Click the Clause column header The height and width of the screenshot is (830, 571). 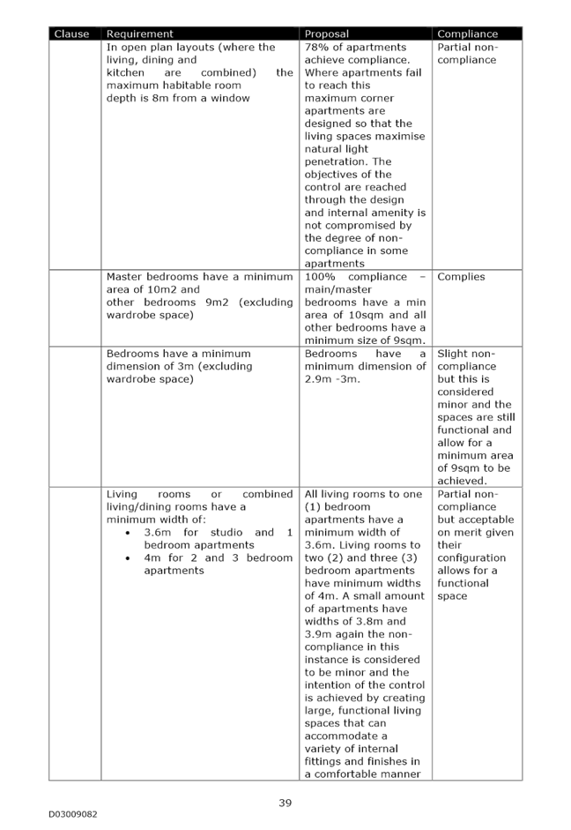coord(72,34)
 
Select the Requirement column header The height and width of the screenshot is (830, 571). coord(139,34)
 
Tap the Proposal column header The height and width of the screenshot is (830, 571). coord(327,34)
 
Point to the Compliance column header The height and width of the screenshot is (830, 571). coord(467,34)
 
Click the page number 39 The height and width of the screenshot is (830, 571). coord(285,803)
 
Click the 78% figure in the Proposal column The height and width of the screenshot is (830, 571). coord(316,47)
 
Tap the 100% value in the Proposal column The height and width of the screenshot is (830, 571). coord(320,277)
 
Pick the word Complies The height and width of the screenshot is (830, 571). coord(461,277)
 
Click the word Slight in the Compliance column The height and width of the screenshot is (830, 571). coord(453,354)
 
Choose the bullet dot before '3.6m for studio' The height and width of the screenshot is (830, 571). coord(128,533)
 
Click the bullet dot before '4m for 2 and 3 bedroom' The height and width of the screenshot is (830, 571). coord(128,558)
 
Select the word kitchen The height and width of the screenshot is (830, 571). coord(125,72)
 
